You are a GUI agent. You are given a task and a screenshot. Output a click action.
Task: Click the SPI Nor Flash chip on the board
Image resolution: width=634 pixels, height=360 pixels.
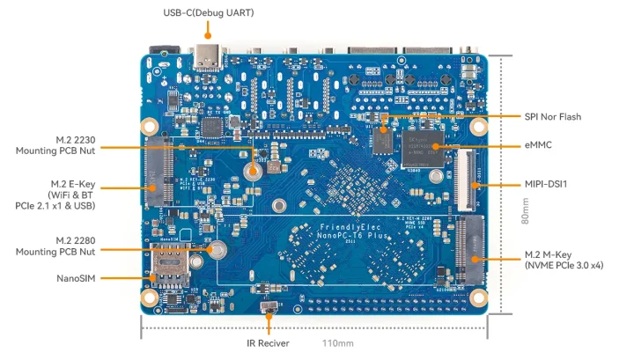(382, 138)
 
